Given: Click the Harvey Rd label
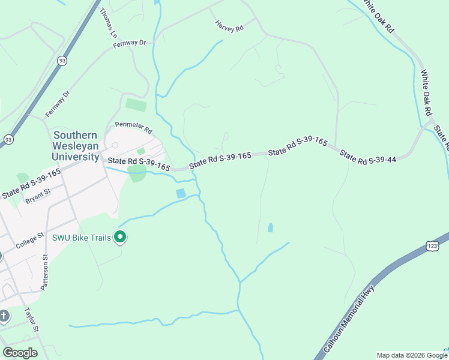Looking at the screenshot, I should point(230,26).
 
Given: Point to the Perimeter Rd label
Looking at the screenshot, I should point(134,128).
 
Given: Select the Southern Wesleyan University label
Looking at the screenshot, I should point(76,146).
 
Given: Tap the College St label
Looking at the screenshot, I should point(30,242).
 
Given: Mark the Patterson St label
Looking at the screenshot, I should point(45,272).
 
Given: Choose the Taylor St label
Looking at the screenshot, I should point(31,320).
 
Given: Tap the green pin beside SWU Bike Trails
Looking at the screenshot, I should point(120,238).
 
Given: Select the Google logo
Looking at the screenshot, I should point(20,353).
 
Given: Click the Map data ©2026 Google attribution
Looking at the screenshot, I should point(411,355).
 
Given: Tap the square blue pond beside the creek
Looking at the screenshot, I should point(181,193).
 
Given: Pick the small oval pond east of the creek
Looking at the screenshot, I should point(270,228).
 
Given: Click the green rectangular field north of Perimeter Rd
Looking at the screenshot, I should point(136,105).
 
